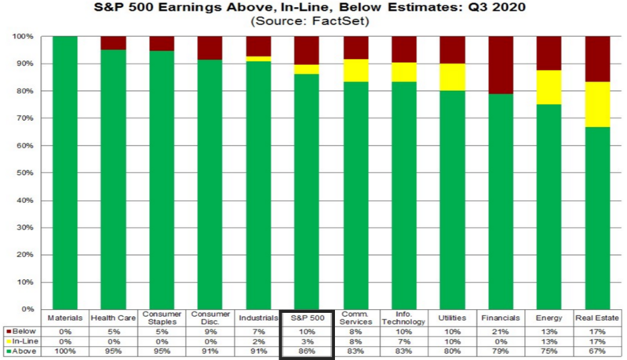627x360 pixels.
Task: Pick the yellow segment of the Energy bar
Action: tap(549, 87)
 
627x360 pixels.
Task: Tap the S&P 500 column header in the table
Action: tap(308, 318)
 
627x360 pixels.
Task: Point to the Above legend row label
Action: tap(21, 353)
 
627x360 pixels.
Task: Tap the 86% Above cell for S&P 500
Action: tap(308, 353)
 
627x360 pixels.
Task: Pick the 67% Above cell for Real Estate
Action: tap(598, 353)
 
